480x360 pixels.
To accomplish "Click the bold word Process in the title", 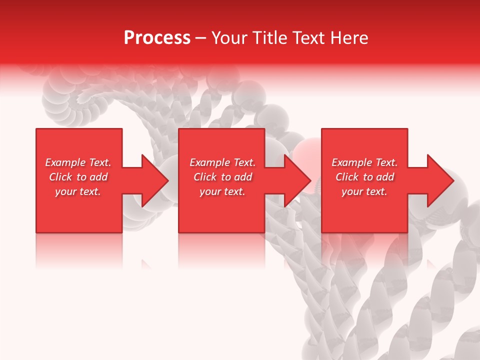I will [x=157, y=38].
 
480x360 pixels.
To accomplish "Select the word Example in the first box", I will [x=65, y=162].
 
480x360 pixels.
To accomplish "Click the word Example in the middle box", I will [x=209, y=162].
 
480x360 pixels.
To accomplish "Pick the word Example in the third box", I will [x=351, y=162].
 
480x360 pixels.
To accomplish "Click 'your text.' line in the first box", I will [x=78, y=191].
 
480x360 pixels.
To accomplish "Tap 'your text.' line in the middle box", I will [x=222, y=191].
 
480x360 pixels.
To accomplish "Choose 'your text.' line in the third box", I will [x=364, y=191].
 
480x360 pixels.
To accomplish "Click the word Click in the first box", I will [x=61, y=177].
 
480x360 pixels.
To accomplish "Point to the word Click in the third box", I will [x=347, y=177].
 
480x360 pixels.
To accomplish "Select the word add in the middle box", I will [x=243, y=177].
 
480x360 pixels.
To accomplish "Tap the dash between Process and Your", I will [x=200, y=38].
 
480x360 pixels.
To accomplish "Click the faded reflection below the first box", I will [x=79, y=250].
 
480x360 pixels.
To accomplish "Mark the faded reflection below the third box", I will [x=364, y=250].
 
